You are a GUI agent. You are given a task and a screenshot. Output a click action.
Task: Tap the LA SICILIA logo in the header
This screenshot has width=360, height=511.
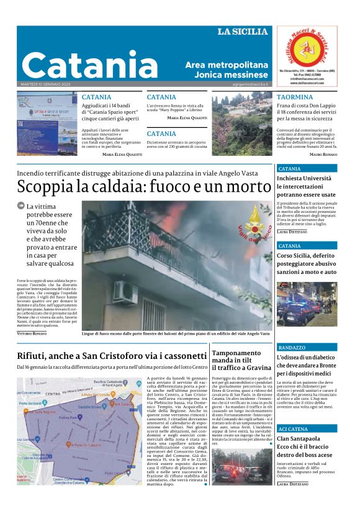click(x=243, y=32)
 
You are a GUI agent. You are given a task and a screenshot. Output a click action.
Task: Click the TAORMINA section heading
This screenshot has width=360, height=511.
click(x=295, y=97)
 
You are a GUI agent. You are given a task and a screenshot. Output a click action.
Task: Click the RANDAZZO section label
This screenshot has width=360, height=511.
click(x=292, y=348)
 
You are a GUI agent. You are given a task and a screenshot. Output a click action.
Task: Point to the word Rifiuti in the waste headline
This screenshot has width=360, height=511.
click(x=33, y=356)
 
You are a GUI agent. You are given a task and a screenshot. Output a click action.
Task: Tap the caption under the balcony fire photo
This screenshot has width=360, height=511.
click(x=176, y=334)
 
